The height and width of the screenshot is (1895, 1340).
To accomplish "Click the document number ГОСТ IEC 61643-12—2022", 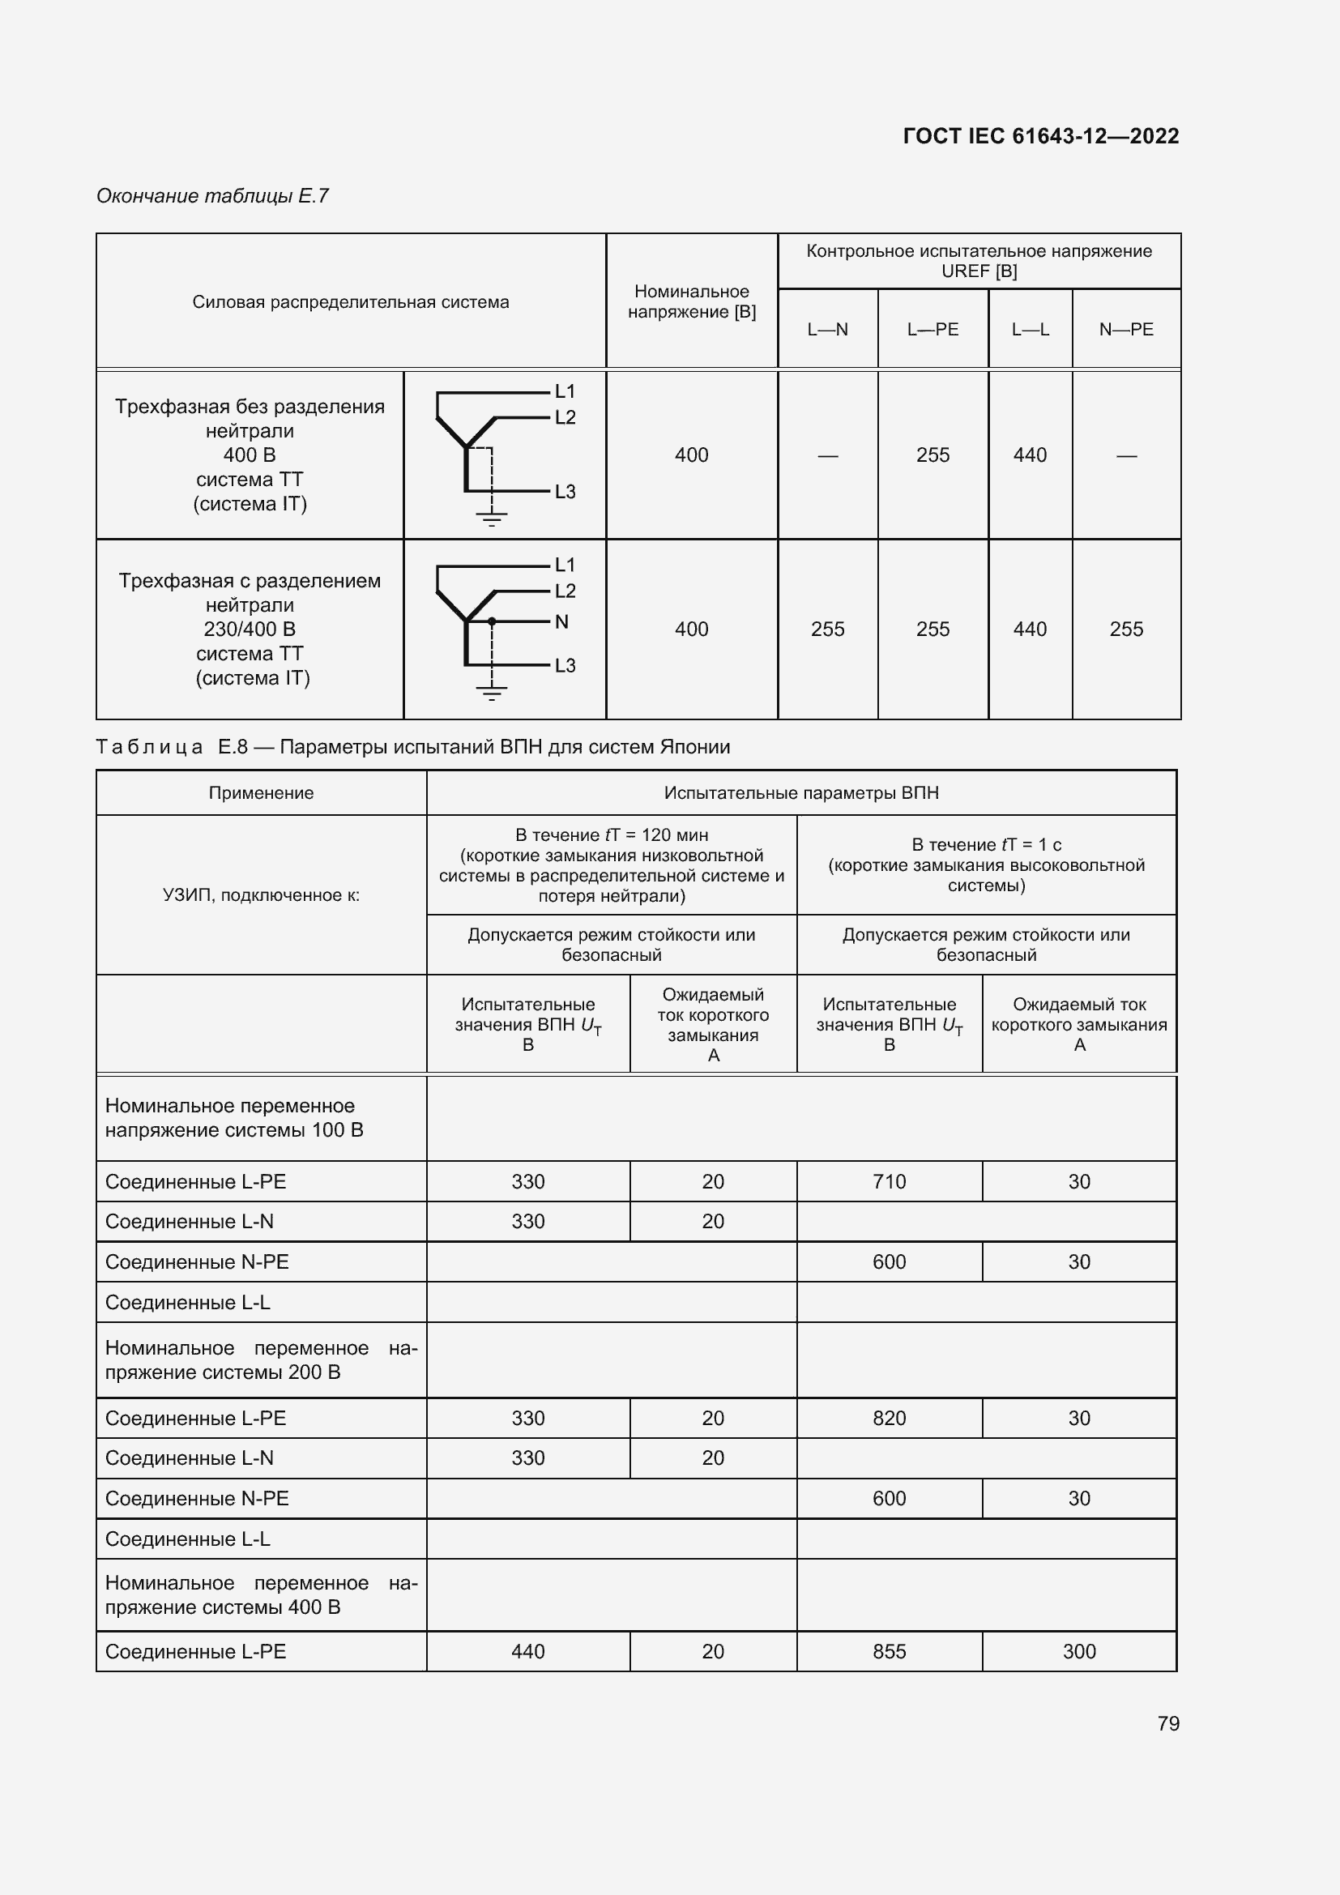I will tap(1040, 136).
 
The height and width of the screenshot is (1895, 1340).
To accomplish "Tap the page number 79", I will tap(1167, 1723).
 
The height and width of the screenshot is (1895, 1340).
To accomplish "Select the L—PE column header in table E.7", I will tap(932, 329).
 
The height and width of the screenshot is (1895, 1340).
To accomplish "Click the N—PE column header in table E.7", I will tap(1125, 329).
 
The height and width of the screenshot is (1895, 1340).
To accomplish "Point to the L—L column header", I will tap(1030, 329).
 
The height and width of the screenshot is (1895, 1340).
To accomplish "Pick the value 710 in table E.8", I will tap(889, 1181).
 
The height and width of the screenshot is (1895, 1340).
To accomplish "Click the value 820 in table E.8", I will tap(889, 1418).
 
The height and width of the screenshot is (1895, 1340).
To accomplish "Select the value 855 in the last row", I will tap(889, 1651).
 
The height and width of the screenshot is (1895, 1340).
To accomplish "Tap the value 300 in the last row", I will tap(1078, 1651).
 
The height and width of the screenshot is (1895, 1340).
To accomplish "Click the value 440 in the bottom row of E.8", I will tap(527, 1651).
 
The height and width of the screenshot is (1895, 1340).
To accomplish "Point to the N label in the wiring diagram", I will tap(562, 621).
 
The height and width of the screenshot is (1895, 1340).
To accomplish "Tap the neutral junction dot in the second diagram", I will tap(492, 621).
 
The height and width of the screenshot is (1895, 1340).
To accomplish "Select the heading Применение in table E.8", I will tap(261, 793).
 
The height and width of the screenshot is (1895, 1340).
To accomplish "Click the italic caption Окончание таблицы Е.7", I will tap(212, 195).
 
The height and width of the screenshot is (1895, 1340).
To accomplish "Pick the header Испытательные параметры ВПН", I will tap(800, 793).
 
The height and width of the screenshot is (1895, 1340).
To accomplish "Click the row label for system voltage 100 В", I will tap(234, 1117).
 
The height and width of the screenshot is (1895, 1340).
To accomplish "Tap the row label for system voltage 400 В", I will tap(261, 1594).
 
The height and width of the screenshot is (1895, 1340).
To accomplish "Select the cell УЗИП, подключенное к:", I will tap(261, 894).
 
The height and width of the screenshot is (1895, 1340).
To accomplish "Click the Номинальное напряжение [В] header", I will tap(691, 301).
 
